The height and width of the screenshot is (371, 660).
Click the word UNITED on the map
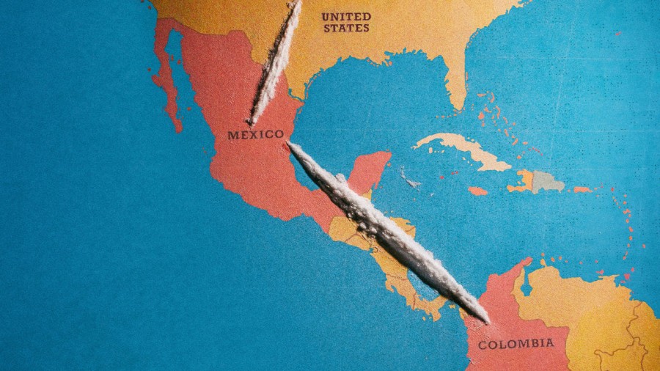[346, 16]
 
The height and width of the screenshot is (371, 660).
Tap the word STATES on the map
[346, 28]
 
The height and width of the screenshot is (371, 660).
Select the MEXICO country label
[255, 135]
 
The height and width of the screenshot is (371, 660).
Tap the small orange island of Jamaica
[477, 191]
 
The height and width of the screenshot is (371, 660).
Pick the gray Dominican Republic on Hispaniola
[549, 181]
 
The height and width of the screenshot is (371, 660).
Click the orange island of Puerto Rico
[582, 190]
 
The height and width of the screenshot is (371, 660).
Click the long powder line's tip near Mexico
[291, 145]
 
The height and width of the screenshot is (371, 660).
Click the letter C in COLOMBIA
[482, 345]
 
